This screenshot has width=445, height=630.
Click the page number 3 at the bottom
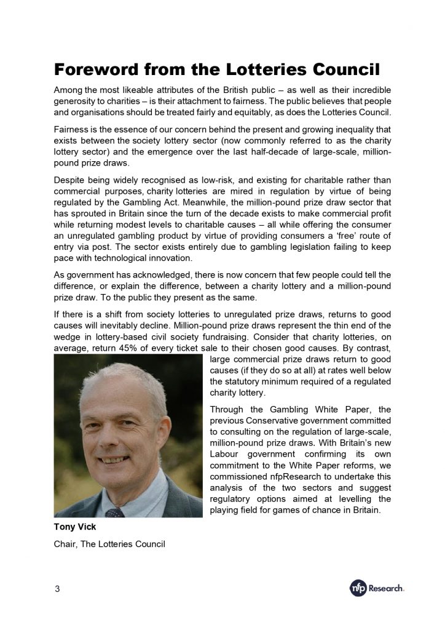point(57,589)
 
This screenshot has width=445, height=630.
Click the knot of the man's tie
point(114,512)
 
